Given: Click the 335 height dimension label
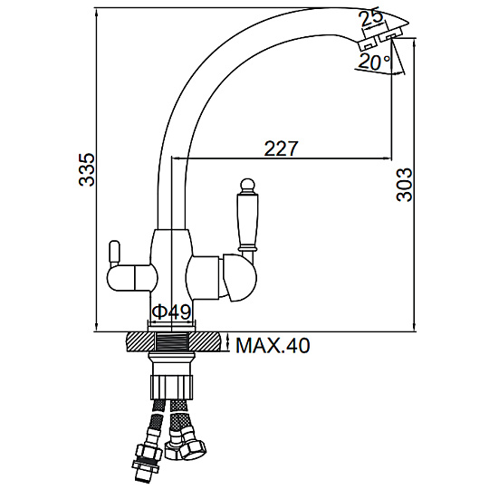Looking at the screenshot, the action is pos(86,170).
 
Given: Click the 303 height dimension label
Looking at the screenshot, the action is pos(404,185).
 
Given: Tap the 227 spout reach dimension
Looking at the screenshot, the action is pos(282,149).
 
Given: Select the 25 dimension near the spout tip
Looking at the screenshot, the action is pos(370,19).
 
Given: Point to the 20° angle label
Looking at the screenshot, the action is pos(374,62).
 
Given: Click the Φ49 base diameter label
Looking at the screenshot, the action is pos(171,312).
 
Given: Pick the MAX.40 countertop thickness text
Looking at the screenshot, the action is pos(273,345).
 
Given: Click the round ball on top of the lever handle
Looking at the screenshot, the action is pos(248,185).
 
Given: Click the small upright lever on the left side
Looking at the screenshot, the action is pos(114,252).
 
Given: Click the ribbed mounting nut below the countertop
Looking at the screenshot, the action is pos(172,387).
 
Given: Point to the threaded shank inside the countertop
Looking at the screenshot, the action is pos(172,342).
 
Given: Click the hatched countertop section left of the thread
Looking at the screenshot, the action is pos(140,342).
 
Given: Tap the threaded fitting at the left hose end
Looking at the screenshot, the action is pos(147,468).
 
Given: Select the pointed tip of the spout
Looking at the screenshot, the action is pos(407,22).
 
